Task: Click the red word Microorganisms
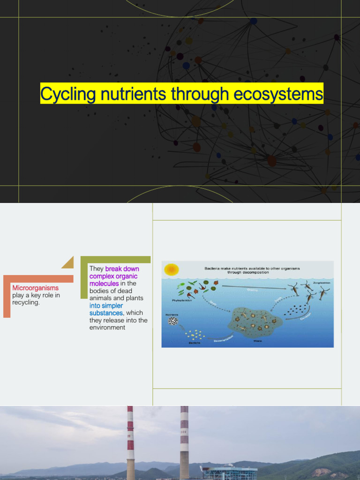tap(35, 288)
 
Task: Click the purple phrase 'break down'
tap(122, 269)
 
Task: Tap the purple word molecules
tap(104, 284)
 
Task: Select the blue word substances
tap(106, 313)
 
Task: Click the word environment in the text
tap(107, 328)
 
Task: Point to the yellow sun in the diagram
tap(172, 270)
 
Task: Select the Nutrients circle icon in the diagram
tap(173, 321)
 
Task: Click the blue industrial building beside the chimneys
tap(230, 472)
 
